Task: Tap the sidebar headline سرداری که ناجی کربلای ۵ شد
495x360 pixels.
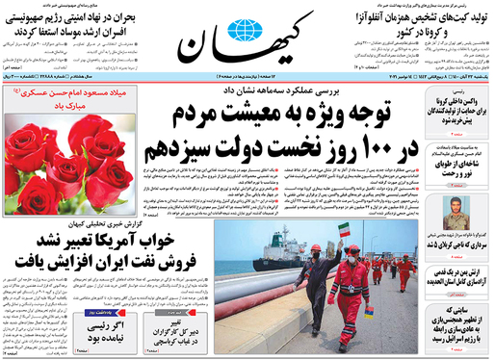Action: point(454,247)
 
